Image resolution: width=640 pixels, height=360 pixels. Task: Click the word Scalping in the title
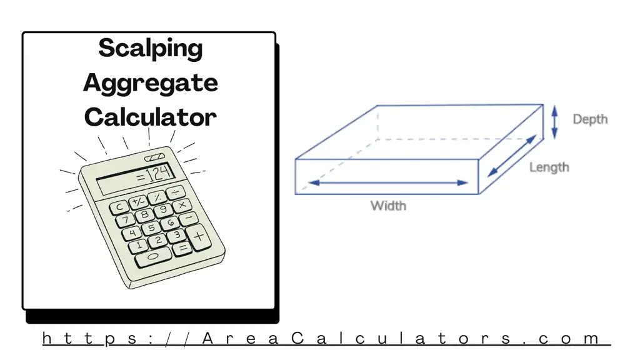pos(150,49)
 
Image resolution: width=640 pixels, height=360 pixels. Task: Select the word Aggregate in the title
pos(150,83)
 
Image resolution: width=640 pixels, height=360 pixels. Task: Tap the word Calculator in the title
pos(150,117)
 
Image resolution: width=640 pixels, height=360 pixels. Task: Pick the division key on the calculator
pos(176,191)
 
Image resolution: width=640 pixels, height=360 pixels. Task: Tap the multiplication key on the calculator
pos(182,205)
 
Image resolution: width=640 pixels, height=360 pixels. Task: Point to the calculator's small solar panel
pos(154,157)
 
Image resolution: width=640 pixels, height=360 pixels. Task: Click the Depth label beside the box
pos(589,119)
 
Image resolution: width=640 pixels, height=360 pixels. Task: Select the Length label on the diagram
pos(549,167)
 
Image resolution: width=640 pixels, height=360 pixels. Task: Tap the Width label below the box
pos(388,205)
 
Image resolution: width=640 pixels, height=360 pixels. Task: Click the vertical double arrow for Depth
pos(554,122)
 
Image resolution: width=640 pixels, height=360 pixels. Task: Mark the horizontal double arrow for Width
pos(388,182)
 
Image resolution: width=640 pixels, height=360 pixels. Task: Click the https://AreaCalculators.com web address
pos(326,339)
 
